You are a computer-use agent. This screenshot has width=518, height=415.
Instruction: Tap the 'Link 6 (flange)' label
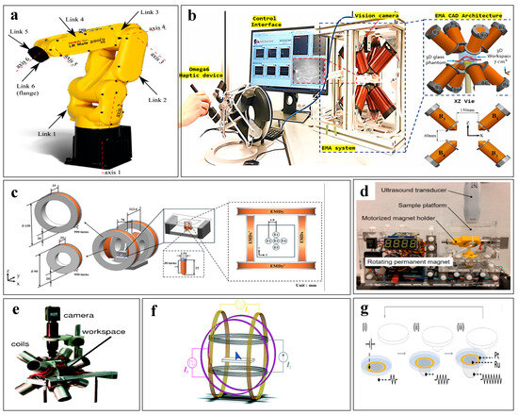point(29,92)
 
